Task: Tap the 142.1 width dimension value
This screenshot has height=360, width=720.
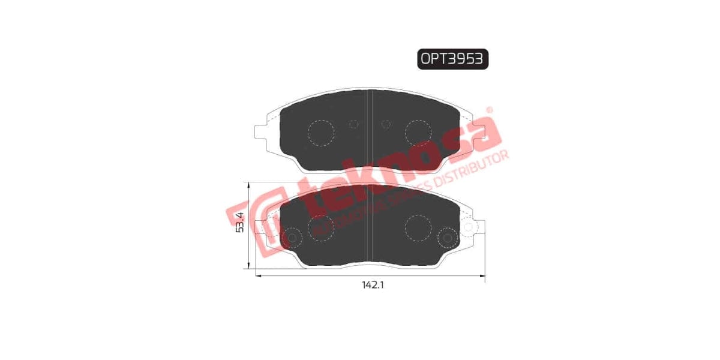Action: click(x=372, y=286)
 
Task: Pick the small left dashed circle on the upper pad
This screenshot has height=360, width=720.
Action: click(x=353, y=124)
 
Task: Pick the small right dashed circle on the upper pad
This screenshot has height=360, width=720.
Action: click(x=386, y=124)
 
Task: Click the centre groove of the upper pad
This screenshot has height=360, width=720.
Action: click(x=370, y=129)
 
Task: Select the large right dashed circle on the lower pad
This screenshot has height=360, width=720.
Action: click(x=418, y=226)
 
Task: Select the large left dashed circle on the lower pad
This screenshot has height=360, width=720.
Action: click(x=320, y=226)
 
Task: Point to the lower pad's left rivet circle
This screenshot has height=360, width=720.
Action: click(x=293, y=238)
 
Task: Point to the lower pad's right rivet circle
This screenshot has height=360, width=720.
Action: click(x=446, y=238)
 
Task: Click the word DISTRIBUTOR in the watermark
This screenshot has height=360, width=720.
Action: click(x=474, y=167)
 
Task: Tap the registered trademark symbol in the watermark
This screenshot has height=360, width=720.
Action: click(x=489, y=110)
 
